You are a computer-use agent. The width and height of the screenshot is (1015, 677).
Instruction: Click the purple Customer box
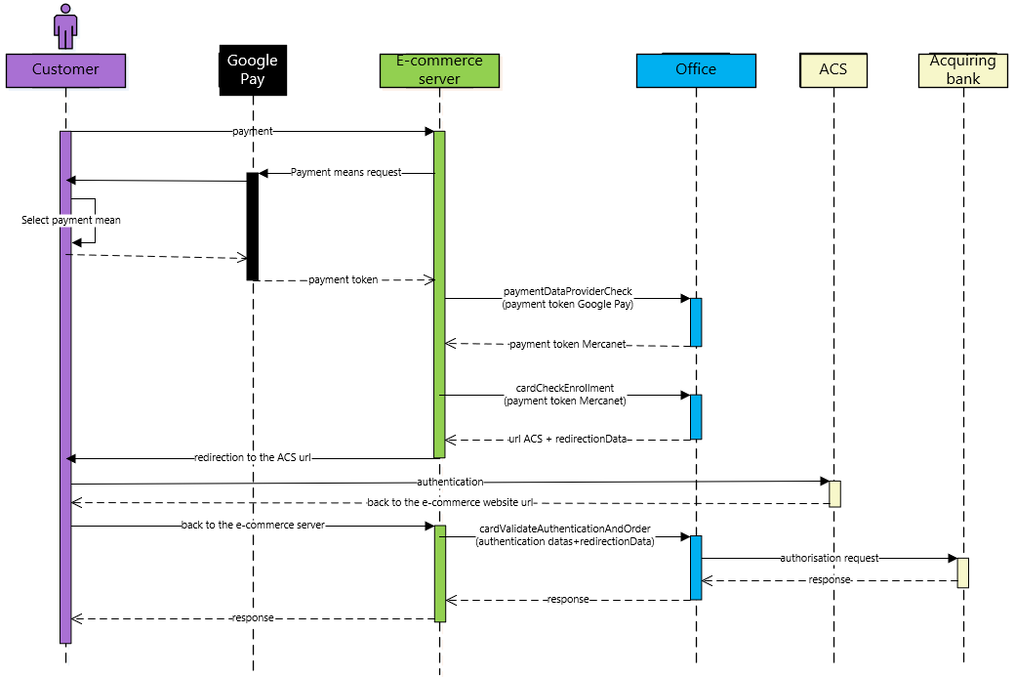pos(65,69)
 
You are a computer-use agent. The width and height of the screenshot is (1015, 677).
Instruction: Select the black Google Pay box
pos(252,69)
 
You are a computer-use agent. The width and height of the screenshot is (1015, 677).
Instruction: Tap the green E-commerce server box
pos(439,69)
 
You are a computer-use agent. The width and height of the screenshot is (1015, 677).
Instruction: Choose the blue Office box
pos(696,69)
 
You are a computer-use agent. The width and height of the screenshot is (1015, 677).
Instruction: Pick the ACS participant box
pos(833,69)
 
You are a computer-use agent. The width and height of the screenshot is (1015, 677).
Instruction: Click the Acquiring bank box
pos(962,69)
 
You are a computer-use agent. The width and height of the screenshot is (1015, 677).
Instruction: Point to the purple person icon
pos(65,26)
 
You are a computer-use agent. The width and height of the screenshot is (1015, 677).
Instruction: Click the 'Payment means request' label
pos(345,172)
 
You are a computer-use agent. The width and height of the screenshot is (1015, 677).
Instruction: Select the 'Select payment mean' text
pos(71,220)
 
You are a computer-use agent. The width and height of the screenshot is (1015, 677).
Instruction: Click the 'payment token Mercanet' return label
pos(568,344)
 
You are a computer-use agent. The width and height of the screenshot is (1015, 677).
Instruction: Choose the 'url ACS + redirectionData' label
pos(568,440)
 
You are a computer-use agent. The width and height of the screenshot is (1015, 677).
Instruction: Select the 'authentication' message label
pos(450,482)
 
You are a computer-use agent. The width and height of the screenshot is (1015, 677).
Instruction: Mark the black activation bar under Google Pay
pos(252,226)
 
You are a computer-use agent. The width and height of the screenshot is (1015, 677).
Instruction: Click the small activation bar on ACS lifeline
pos(834,493)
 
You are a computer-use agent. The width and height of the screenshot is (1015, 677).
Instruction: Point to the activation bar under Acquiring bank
pos(962,572)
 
